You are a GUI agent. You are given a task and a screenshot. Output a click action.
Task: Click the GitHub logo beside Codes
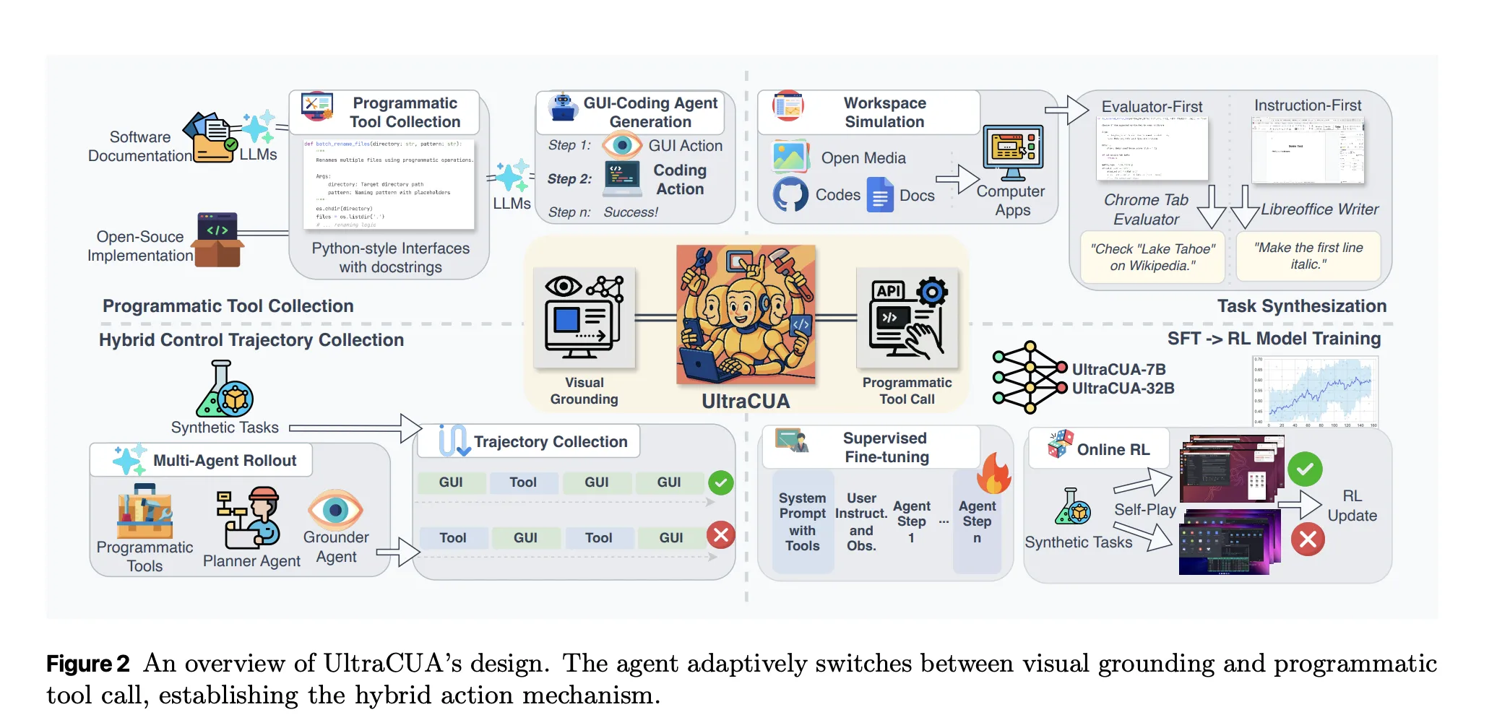(790, 194)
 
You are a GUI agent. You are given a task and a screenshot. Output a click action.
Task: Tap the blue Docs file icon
(880, 196)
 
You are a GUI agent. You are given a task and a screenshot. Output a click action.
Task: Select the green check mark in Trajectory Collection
(720, 482)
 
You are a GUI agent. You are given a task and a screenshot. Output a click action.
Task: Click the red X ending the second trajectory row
(720, 535)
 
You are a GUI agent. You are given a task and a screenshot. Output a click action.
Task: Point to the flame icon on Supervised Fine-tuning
(994, 474)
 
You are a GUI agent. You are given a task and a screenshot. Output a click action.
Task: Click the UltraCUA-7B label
(1118, 369)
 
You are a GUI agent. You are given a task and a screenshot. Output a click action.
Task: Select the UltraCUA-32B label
(1123, 389)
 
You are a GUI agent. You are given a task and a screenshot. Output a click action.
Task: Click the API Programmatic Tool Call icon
(907, 318)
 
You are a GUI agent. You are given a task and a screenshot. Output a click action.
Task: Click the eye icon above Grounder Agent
(335, 510)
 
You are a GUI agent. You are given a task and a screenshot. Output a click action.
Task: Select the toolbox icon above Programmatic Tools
(144, 512)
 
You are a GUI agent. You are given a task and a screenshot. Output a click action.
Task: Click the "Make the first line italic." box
(1308, 256)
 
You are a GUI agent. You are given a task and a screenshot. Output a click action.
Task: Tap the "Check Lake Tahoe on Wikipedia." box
(1152, 257)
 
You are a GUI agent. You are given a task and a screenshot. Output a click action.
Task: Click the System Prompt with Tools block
(802, 521)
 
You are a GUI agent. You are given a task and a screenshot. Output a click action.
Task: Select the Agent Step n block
(977, 521)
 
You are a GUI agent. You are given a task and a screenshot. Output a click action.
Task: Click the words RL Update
(1352, 506)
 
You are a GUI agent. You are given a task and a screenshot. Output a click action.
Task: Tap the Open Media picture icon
(790, 157)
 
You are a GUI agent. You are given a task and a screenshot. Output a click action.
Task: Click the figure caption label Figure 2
(87, 663)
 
